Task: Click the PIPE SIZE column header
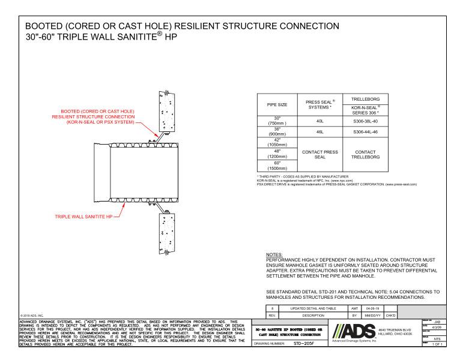pos(277,104)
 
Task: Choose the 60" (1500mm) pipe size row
pos(277,165)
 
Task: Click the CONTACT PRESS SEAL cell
pos(321,154)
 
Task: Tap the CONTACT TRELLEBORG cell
pos(365,154)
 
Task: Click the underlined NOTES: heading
pos(274,254)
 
